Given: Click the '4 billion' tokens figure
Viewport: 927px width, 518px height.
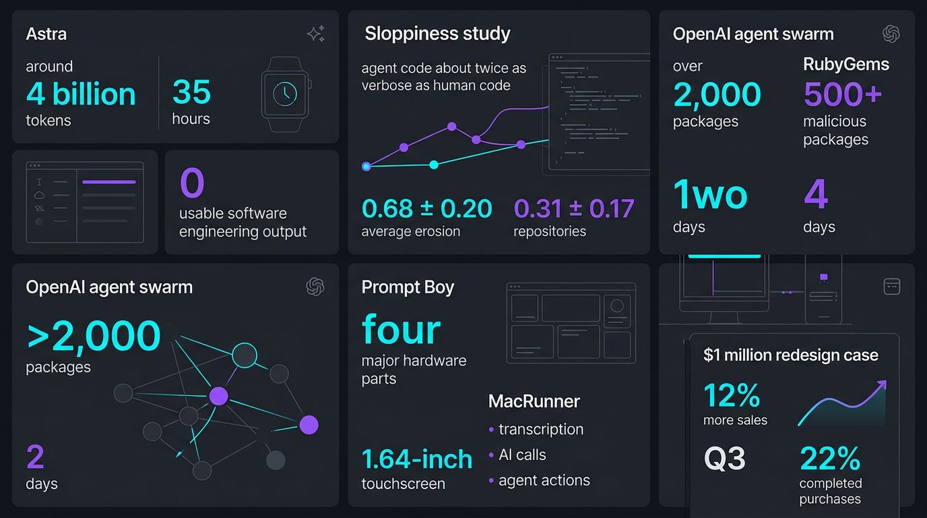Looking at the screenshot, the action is [x=81, y=94].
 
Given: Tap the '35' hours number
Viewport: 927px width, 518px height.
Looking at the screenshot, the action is [x=191, y=92].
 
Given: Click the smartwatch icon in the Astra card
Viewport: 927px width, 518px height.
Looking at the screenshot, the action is [x=286, y=94].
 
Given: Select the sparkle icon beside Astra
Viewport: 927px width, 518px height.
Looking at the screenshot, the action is [x=316, y=34].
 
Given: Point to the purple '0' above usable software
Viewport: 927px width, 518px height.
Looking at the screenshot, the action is [x=193, y=182].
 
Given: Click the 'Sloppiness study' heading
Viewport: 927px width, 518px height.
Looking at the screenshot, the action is [x=437, y=34].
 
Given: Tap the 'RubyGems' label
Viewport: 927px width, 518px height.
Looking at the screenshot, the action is [x=846, y=64].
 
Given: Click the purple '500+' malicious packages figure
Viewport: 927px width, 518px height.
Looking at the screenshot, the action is [x=843, y=94].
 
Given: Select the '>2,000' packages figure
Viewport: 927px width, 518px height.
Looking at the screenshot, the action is [x=94, y=336].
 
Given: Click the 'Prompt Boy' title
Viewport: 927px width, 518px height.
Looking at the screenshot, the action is [x=408, y=287].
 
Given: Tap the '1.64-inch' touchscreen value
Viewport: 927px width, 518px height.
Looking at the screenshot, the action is [x=417, y=459].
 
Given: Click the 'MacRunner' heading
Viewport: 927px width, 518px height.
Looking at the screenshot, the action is [x=534, y=401].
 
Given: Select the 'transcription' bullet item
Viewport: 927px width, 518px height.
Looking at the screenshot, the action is [x=536, y=430].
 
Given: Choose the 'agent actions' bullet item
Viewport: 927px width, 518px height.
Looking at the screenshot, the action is [x=539, y=480].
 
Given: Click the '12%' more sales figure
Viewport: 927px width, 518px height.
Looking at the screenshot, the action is [x=732, y=395].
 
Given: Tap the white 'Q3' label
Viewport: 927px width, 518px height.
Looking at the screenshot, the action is [x=725, y=459].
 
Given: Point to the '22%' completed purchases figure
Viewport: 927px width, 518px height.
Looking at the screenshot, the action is [x=830, y=459].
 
